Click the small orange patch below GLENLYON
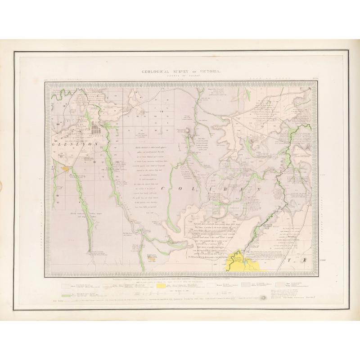tap(66, 169)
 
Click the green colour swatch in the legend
tap(66, 295)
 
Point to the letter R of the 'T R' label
tap(304, 261)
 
